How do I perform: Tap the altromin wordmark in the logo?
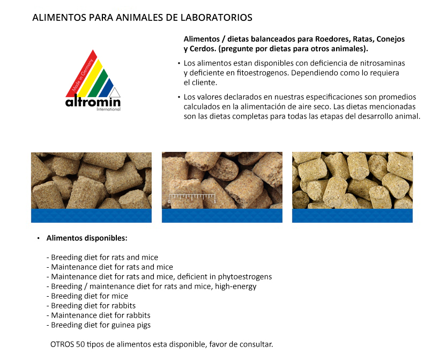(x=93, y=102)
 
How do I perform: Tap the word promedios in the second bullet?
(x=397, y=97)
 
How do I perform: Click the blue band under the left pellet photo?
(x=91, y=216)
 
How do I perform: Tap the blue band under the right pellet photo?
(x=352, y=216)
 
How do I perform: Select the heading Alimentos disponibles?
(x=87, y=238)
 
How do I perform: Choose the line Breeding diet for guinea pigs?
(x=101, y=325)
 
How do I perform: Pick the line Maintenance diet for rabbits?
(x=101, y=315)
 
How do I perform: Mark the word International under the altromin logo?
(x=108, y=109)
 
